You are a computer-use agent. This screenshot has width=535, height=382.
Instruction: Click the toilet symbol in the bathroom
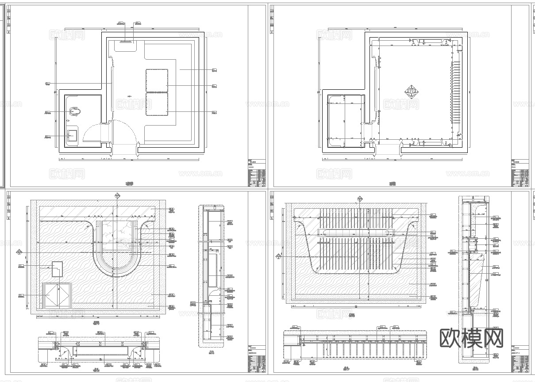pyautogui.click(x=74, y=111)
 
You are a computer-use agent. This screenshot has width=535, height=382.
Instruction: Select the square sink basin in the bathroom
pyautogui.click(x=72, y=136)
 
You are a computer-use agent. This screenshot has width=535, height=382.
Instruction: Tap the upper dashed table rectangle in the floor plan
pyautogui.click(x=157, y=80)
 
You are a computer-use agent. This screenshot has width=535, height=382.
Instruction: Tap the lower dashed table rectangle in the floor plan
pyautogui.click(x=157, y=104)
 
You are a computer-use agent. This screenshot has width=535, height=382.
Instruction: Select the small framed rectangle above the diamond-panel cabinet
pyautogui.click(x=57, y=269)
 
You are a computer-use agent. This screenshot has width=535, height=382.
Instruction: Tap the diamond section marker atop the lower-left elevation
pyautogui.click(x=117, y=195)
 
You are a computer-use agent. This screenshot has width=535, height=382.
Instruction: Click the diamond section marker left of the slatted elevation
pyautogui.click(x=278, y=256)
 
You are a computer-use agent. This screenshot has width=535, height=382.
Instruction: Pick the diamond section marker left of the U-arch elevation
pyautogui.click(x=19, y=252)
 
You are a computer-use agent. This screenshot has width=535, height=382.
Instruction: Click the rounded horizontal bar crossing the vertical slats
pyautogui.click(x=357, y=233)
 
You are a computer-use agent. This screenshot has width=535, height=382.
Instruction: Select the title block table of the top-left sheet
pyautogui.click(x=257, y=172)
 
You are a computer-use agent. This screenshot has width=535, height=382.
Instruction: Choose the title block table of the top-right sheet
pyautogui.click(x=520, y=172)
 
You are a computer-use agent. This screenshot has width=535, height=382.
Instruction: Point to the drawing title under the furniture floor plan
pyautogui.click(x=130, y=183)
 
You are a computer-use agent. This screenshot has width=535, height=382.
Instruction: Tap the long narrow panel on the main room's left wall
pyautogui.click(x=112, y=88)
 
